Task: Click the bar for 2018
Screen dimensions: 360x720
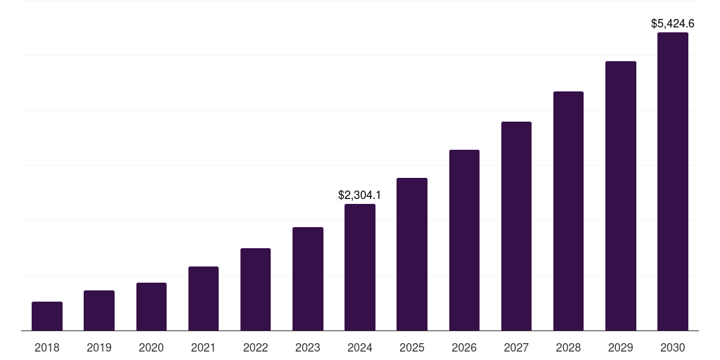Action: [47, 316]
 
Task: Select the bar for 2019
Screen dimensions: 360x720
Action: [99, 311]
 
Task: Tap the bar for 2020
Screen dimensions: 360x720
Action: [151, 307]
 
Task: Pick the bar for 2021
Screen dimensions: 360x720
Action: [203, 299]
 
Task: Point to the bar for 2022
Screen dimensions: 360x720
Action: [255, 290]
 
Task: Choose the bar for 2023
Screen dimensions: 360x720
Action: [308, 279]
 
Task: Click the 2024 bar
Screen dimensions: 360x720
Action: [360, 267]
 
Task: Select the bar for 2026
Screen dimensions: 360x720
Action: [464, 240]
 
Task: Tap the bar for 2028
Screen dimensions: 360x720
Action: [568, 211]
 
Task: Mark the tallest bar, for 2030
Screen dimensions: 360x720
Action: [673, 181]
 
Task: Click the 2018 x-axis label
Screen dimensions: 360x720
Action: [47, 347]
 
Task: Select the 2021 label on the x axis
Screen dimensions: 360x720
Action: [203, 347]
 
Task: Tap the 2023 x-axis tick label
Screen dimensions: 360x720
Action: [308, 347]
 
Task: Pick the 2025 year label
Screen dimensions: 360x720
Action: [412, 347]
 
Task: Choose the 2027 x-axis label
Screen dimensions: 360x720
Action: [516, 347]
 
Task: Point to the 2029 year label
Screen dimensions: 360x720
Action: [621, 347]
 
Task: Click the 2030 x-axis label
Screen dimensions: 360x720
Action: [673, 347]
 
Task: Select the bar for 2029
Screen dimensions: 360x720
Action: [621, 196]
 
